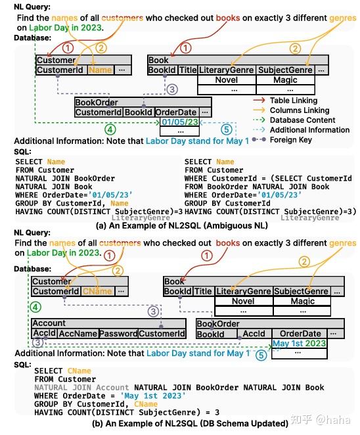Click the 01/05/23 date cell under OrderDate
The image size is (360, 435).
(x=175, y=122)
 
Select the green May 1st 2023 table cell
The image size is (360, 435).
(x=299, y=343)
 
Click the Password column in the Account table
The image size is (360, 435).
(x=118, y=334)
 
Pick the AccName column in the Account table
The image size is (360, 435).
(x=78, y=334)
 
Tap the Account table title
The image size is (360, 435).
(x=49, y=323)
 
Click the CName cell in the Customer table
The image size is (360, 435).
(x=97, y=292)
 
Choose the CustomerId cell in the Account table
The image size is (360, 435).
(x=162, y=334)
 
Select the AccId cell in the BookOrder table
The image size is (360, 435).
(x=254, y=334)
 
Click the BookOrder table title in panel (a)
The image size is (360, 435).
(x=96, y=103)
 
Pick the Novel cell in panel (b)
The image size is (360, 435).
(x=243, y=302)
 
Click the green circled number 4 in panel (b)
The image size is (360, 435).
(x=36, y=307)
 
